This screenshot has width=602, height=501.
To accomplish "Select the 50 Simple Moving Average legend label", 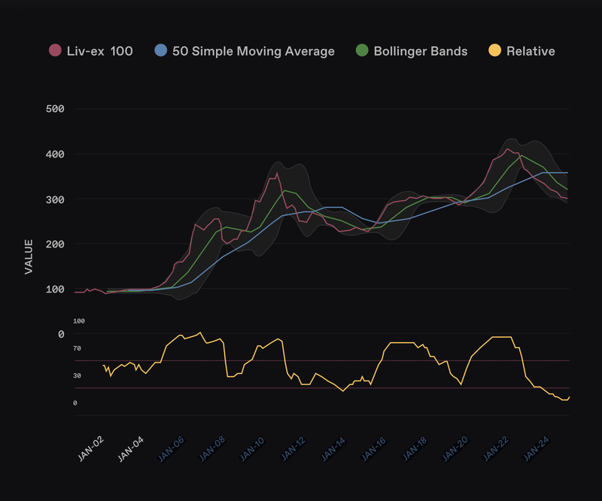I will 254,51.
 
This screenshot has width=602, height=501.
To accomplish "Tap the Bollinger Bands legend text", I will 421,51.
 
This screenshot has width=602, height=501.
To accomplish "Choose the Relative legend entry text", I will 531,51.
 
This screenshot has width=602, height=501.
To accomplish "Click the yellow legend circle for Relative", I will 495,51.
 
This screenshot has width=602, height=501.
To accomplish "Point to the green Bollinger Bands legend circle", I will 363,51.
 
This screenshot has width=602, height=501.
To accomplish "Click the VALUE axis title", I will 29,257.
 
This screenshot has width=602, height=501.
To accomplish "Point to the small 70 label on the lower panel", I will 78,348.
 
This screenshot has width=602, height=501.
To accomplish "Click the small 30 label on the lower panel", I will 78,375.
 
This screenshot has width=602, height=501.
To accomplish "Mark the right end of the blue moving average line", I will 568,173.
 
